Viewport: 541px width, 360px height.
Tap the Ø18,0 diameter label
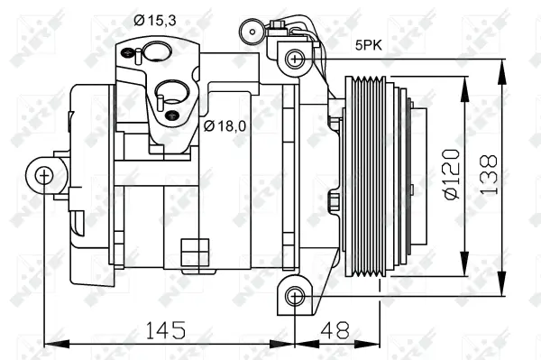click(x=225, y=126)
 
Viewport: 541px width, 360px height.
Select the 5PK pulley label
click(x=367, y=42)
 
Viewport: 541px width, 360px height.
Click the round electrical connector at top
click(x=248, y=33)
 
